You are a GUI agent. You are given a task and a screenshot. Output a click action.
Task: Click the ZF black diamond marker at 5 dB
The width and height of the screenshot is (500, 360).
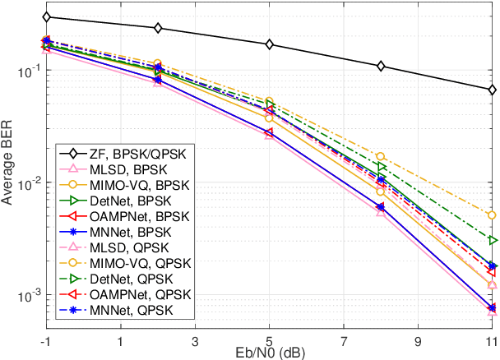click(270, 44)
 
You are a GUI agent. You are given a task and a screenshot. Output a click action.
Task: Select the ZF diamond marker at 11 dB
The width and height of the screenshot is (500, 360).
click(492, 90)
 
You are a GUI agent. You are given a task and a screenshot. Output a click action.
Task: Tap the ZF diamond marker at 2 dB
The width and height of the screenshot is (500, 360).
click(159, 28)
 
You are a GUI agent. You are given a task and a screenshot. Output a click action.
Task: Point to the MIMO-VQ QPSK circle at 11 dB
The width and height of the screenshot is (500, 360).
click(492, 215)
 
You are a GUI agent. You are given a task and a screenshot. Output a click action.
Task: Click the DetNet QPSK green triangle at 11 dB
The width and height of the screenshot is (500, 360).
click(492, 240)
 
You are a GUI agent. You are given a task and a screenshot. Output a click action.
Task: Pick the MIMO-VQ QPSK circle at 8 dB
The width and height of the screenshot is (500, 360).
click(381, 156)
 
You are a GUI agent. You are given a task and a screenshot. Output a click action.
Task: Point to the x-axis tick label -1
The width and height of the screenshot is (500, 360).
click(47, 339)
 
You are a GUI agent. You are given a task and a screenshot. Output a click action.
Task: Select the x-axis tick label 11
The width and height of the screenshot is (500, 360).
click(491, 339)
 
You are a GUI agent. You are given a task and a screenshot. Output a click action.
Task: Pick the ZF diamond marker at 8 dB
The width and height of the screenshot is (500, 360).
click(381, 66)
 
